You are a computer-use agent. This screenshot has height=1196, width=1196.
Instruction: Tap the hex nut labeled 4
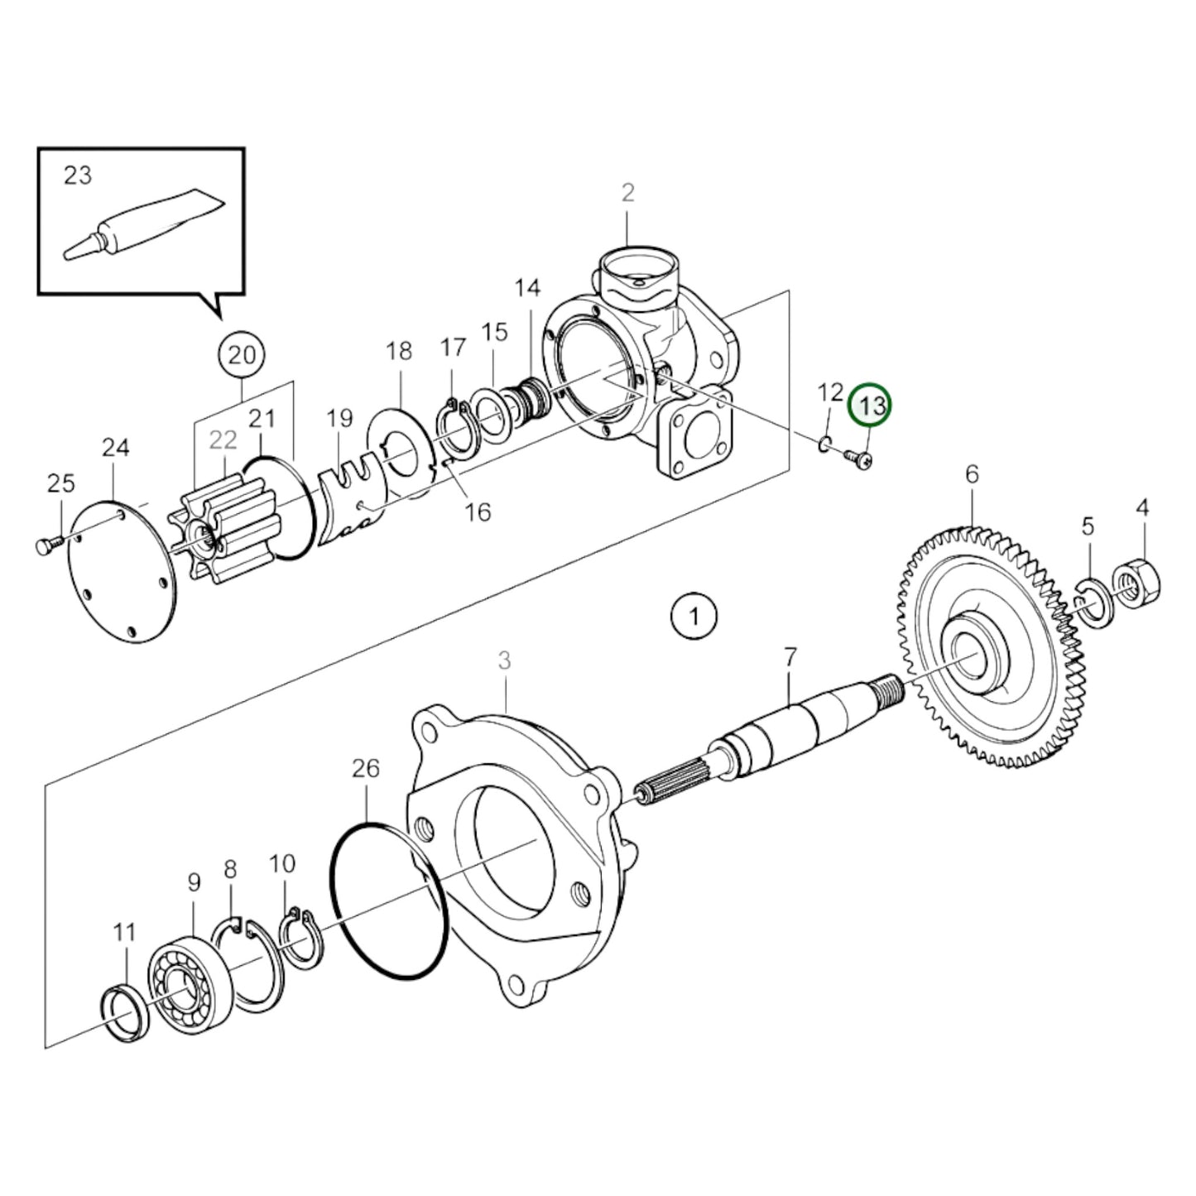(x=1137, y=581)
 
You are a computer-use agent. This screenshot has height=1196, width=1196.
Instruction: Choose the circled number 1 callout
(x=694, y=617)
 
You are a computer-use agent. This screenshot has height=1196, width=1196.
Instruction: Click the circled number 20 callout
(x=242, y=356)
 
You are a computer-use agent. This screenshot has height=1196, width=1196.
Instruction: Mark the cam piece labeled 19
(x=352, y=507)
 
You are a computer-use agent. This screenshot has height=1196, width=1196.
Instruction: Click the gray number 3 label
(x=504, y=660)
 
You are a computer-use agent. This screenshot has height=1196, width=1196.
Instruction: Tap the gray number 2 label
(x=627, y=194)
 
